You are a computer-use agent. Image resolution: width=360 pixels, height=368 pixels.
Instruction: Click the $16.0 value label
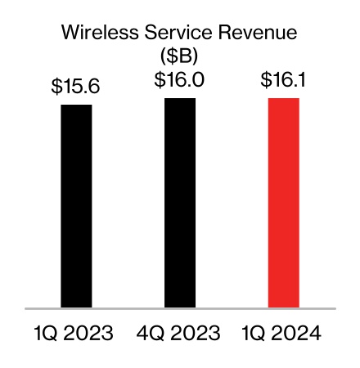[180, 80]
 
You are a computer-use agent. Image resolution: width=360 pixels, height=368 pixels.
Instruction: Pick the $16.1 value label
[284, 80]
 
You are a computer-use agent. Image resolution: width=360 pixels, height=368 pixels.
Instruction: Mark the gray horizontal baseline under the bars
[180, 308]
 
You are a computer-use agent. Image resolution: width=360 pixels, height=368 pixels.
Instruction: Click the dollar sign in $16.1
[264, 80]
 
